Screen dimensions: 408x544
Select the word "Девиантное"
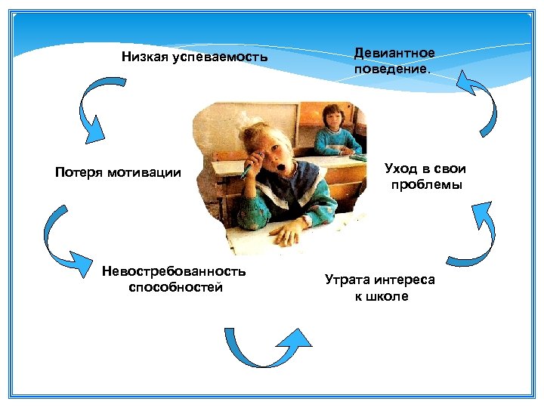(394, 53)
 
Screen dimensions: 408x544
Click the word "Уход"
(401, 168)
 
